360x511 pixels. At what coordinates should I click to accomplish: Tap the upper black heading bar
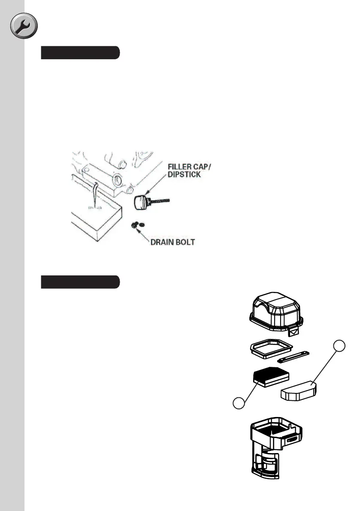pyautogui.click(x=80, y=53)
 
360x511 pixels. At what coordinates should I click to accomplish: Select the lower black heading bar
pyautogui.click(x=80, y=282)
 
